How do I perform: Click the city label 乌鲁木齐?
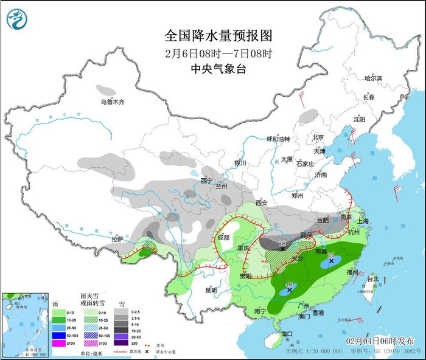[x=112, y=102]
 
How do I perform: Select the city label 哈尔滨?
[x=373, y=78]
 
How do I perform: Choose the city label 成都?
[x=223, y=238]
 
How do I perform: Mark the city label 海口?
[x=287, y=334]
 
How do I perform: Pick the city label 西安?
[x=262, y=202]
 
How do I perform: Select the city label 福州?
[x=352, y=272]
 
